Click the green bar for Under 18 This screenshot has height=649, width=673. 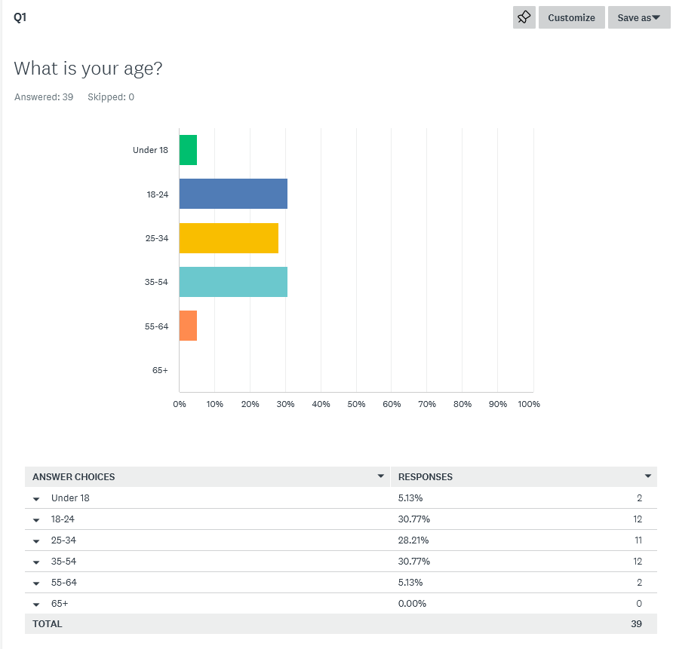point(188,150)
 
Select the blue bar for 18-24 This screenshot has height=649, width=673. point(233,194)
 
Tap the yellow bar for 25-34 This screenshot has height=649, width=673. point(229,238)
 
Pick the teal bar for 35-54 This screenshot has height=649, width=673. point(233,282)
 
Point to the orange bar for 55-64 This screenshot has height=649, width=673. point(188,326)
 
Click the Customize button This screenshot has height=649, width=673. point(571,17)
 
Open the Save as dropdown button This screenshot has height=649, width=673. point(638,17)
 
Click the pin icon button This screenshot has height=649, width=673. point(524,17)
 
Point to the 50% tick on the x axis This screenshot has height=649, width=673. point(356,404)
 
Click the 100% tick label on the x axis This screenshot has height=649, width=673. point(529,404)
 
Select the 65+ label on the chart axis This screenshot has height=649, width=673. point(159,370)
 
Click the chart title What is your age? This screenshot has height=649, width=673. point(88,69)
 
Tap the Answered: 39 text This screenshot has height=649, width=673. point(44,97)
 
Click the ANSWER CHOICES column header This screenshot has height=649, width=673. point(74,477)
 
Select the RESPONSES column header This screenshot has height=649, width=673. point(426,477)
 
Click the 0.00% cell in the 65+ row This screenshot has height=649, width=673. point(413,604)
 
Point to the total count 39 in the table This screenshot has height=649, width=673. point(636,624)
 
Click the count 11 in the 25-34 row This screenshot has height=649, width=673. point(638,540)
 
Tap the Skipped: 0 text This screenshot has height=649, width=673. point(111,97)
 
